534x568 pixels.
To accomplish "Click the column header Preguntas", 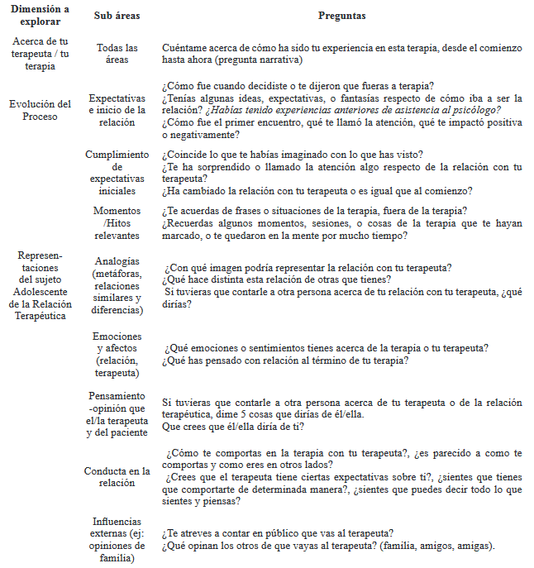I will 341,16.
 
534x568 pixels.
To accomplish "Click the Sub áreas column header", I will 117,16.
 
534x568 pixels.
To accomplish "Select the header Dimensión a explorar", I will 40,16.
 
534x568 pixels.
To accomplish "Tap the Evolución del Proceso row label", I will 40,110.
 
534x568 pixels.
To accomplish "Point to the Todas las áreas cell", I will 117,54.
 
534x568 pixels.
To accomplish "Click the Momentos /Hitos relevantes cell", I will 117,223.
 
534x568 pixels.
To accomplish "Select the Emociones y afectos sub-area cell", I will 117,355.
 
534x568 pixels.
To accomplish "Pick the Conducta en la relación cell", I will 117,477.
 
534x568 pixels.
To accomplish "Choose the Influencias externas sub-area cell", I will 117,540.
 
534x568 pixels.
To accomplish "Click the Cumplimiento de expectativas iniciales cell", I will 117,173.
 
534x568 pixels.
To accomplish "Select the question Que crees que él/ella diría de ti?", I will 233,427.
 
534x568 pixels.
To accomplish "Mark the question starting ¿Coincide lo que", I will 304,155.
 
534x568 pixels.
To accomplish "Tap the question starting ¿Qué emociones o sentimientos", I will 327,348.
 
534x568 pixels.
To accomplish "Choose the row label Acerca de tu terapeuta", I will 40,54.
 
